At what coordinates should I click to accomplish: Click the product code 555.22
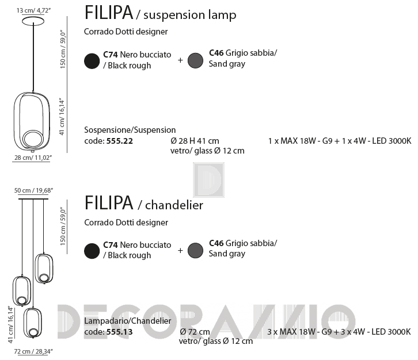[x=119, y=141]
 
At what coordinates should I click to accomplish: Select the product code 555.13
[x=119, y=332]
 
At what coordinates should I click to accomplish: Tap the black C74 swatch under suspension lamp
[x=92, y=61]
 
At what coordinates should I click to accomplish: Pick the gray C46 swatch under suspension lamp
[x=195, y=60]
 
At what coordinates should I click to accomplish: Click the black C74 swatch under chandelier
[x=92, y=251]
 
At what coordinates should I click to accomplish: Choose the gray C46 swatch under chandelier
[x=195, y=250]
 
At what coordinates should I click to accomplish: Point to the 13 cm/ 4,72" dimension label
[x=33, y=10]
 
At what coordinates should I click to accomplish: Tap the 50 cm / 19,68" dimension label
[x=33, y=190]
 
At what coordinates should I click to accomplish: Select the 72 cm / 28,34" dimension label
[x=33, y=351]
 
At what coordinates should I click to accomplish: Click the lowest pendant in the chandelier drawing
[x=32, y=323]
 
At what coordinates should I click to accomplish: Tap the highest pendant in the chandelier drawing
[x=44, y=269]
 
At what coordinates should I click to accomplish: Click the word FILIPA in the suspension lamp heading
[x=109, y=13]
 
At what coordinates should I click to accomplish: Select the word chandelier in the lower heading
[x=174, y=205]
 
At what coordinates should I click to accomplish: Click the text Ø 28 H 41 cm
[x=195, y=141]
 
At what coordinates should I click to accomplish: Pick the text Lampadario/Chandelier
[x=128, y=321]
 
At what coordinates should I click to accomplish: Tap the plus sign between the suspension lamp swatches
[x=180, y=60]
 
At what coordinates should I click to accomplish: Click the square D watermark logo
[x=208, y=180]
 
